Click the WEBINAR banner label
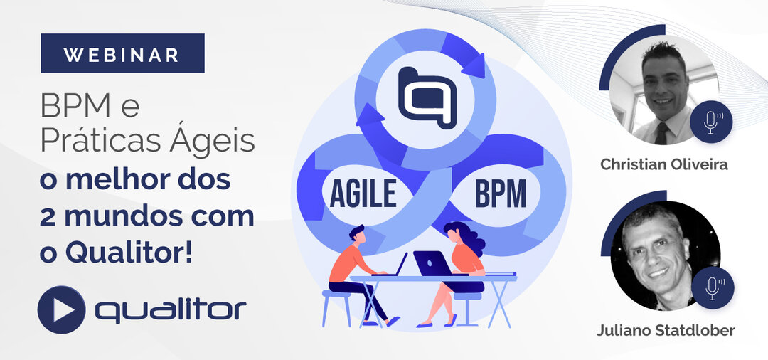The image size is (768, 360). (x=122, y=53)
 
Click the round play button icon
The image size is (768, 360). (x=61, y=309)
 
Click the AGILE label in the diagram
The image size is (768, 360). (x=363, y=194)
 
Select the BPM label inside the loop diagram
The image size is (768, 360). (x=500, y=194)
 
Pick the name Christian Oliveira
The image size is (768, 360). (x=663, y=164)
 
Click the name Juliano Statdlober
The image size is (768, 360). (x=666, y=331)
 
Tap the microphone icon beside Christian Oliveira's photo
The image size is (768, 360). (x=711, y=121)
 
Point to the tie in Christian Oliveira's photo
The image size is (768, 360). (x=662, y=133)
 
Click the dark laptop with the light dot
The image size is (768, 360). (x=433, y=264)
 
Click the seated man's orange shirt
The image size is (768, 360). (x=346, y=263)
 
